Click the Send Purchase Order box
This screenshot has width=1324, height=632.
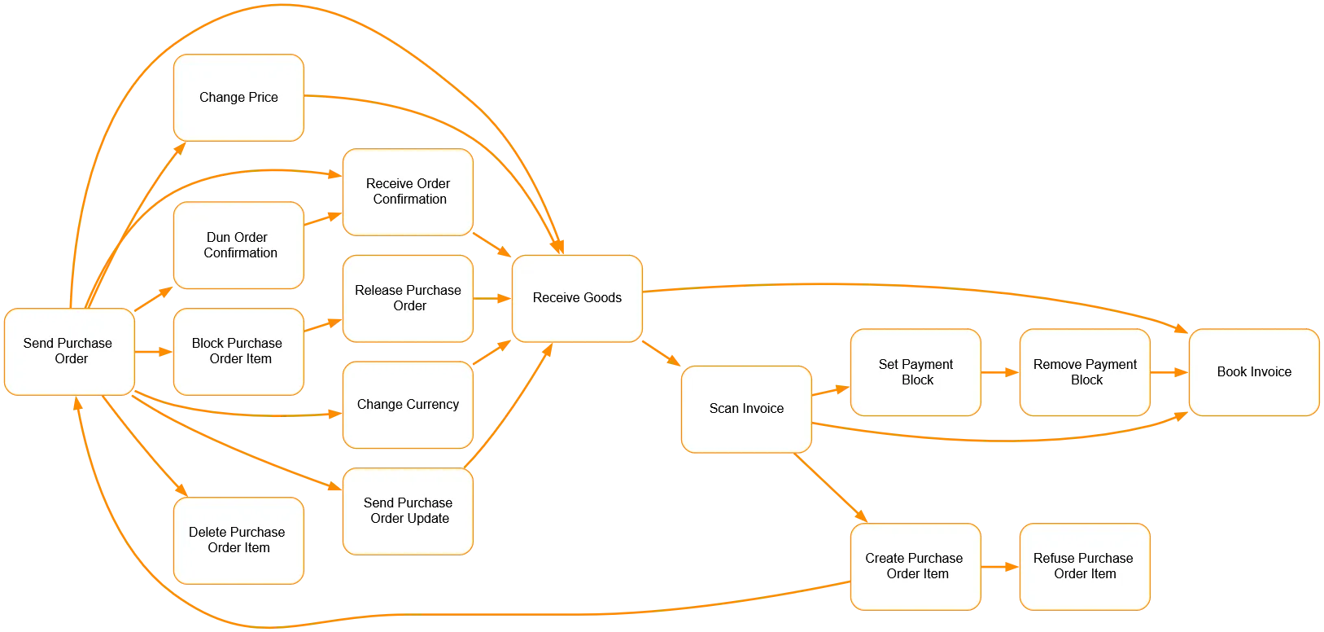click(69, 351)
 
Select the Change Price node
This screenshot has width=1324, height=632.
click(238, 97)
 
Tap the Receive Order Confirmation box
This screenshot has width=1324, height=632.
click(408, 191)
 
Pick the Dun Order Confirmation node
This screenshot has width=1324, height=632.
click(238, 245)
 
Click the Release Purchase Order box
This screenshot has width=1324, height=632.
click(408, 298)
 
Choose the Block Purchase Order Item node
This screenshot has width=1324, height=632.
click(238, 351)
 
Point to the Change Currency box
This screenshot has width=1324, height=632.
click(408, 404)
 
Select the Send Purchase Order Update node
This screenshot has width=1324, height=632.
click(408, 511)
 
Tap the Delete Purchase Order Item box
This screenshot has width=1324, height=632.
click(238, 540)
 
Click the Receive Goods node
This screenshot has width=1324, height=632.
click(577, 298)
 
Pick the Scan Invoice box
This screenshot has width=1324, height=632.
click(746, 409)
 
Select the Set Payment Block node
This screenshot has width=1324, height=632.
click(915, 372)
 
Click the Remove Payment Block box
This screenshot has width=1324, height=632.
click(1085, 372)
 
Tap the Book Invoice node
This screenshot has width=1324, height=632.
click(1254, 372)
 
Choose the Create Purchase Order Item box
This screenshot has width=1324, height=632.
click(915, 566)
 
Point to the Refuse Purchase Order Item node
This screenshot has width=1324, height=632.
click(1085, 566)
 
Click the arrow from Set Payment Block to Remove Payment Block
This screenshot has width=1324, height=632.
click(1000, 372)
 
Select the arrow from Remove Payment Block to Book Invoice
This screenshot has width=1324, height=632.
click(1169, 372)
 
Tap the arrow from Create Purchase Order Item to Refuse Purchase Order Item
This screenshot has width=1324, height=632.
click(1000, 566)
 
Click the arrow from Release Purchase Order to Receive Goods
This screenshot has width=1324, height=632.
click(492, 299)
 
